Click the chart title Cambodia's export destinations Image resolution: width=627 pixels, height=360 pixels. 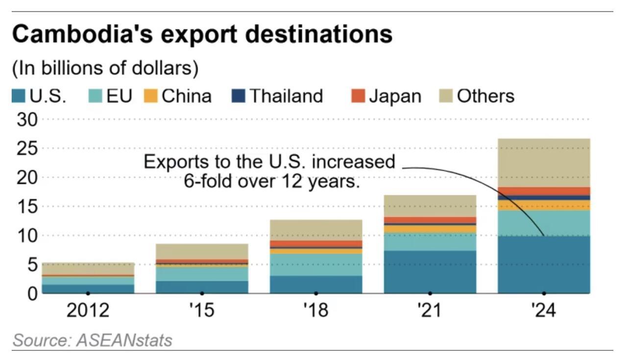click(202, 35)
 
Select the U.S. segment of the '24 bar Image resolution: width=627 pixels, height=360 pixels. click(544, 264)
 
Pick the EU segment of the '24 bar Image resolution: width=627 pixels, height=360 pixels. click(544, 223)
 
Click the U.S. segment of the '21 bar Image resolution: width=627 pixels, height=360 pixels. click(430, 272)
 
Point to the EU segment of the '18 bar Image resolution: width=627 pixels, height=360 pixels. click(316, 264)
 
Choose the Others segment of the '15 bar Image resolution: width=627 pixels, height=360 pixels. click(202, 251)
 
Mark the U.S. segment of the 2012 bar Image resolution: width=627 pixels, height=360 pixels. click(88, 288)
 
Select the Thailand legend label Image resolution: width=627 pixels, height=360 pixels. click(286, 96)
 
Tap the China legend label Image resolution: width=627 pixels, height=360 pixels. click(186, 96)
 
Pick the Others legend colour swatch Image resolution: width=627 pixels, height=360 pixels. click(446, 96)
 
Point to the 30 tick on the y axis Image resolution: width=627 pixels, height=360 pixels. click(27, 120)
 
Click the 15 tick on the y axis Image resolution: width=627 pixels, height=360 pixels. click(27, 207)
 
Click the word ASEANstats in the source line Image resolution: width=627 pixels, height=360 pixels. click(124, 340)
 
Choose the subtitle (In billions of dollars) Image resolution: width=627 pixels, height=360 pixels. click(105, 68)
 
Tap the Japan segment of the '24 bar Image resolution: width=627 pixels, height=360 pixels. click(544, 191)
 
